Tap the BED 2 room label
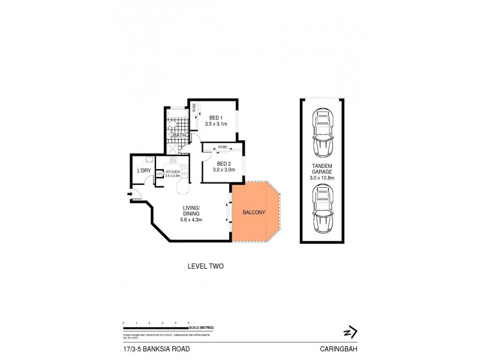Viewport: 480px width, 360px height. coord(223,164)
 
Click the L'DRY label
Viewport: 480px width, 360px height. coord(144,171)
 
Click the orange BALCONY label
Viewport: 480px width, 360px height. coord(254,213)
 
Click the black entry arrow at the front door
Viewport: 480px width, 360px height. coord(130,194)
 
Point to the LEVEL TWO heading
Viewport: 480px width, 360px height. coord(206,266)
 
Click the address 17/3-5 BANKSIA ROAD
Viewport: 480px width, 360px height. coord(144,348)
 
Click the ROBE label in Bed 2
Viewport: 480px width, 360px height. coord(222,146)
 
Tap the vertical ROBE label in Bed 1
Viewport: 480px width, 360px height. coord(194,109)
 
